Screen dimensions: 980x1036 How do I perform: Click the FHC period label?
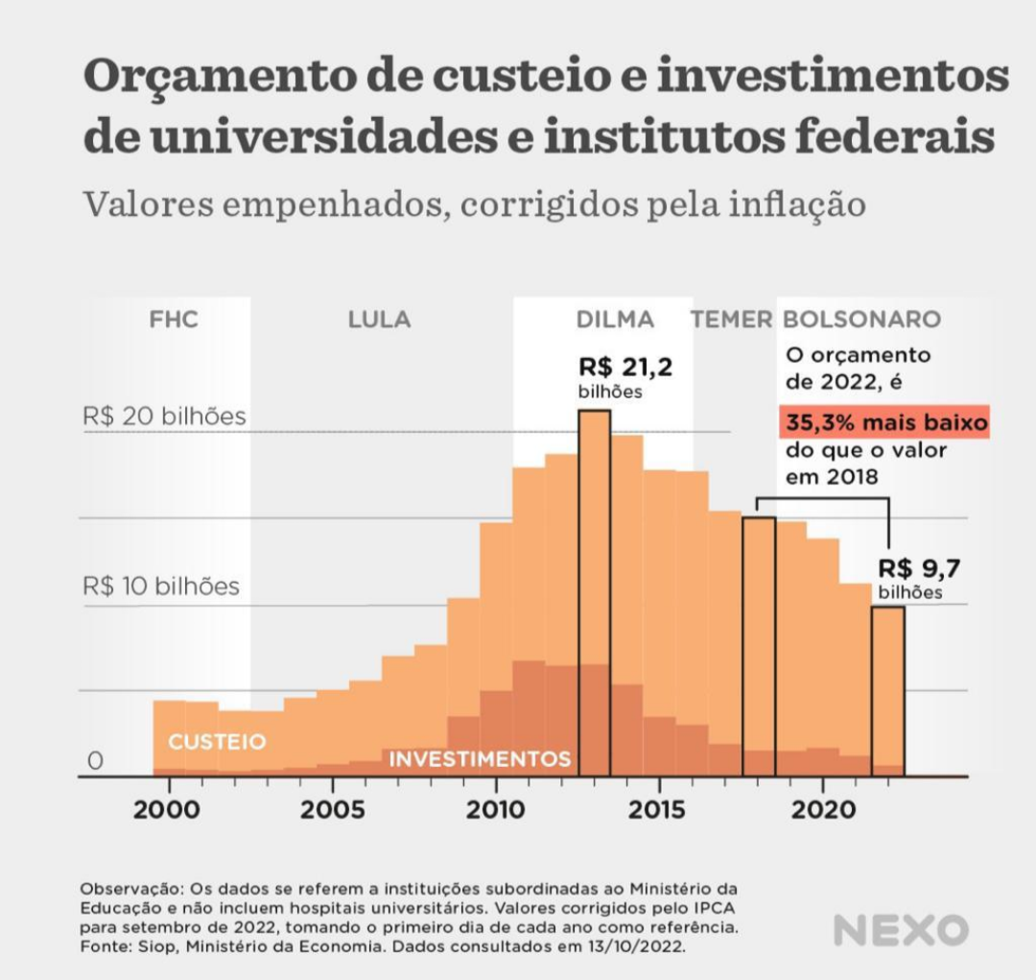pyautogui.click(x=174, y=320)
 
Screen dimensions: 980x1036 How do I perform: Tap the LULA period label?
pyautogui.click(x=379, y=320)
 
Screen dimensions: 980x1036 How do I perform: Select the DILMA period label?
pyautogui.click(x=615, y=320)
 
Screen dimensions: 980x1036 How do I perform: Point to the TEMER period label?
pyautogui.click(x=732, y=320)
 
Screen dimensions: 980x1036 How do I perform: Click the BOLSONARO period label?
pyautogui.click(x=861, y=320)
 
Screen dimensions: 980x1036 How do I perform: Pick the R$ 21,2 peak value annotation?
pyautogui.click(x=624, y=368)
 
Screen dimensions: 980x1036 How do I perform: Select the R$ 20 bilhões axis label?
pyautogui.click(x=164, y=417)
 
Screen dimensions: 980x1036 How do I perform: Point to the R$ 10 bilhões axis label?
pyautogui.click(x=161, y=586)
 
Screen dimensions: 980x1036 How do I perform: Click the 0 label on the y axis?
pyautogui.click(x=95, y=761)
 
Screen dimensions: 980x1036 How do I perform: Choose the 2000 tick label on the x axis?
pyautogui.click(x=169, y=810)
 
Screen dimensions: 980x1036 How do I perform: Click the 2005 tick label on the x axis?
pyautogui.click(x=333, y=810)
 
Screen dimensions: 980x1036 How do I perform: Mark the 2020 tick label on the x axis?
pyautogui.click(x=823, y=810)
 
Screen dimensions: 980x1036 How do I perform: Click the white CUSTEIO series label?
pyautogui.click(x=217, y=743)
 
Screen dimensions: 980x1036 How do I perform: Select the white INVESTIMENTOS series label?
pyautogui.click(x=480, y=759)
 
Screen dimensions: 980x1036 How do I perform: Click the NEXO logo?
pyautogui.click(x=901, y=930)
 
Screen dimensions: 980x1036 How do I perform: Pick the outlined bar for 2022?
pyautogui.click(x=887, y=691)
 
